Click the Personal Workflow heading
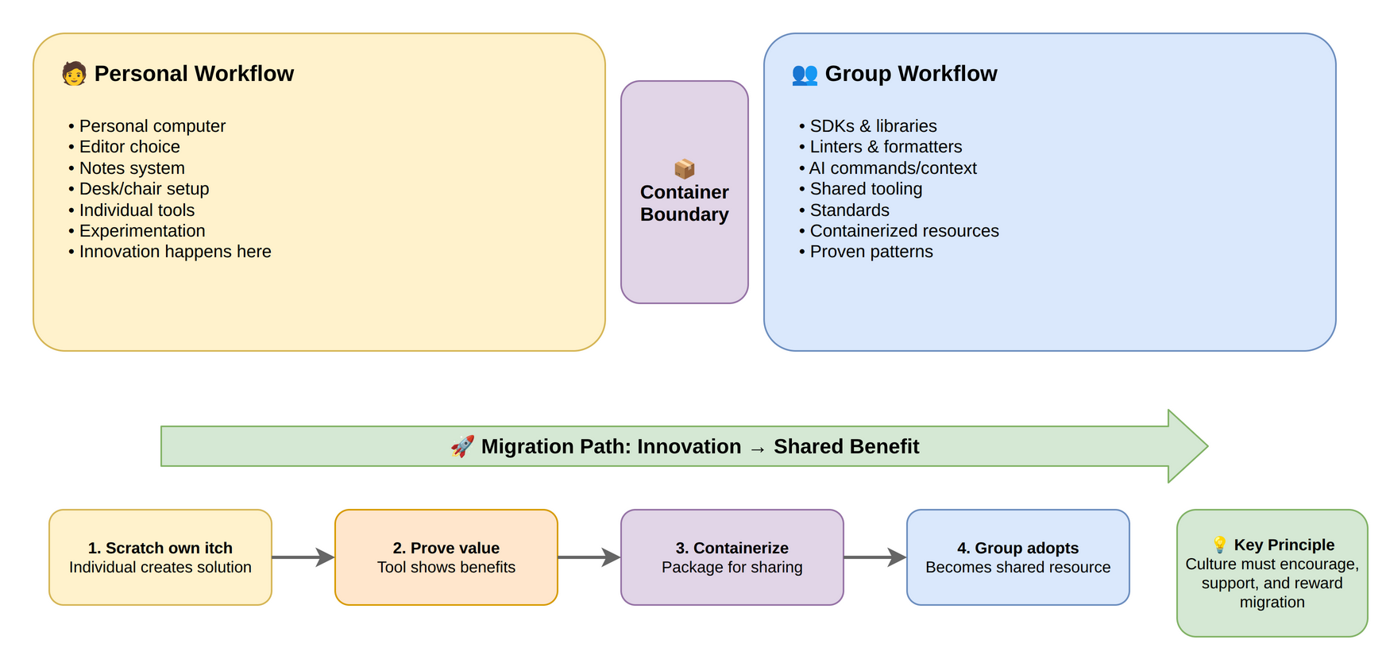pos(194,74)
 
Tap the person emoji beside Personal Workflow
pos(74,74)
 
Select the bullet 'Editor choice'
pos(129,147)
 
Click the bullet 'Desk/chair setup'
pos(144,189)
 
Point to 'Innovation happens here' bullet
pos(175,252)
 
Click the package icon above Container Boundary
pos(684,168)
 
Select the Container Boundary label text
pos(684,204)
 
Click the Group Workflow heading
pos(910,74)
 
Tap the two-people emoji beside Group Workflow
pos(805,75)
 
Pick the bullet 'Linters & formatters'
pos(886,147)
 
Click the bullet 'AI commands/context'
pos(893,168)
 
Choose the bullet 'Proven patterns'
pos(871,252)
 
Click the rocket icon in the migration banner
pos(462,446)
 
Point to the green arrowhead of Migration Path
pos(1187,446)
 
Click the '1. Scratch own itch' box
pos(160,557)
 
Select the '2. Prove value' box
pos(446,557)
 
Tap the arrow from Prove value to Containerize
pos(589,557)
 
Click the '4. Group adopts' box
pos(1017,557)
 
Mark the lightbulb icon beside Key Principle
pos(1219,545)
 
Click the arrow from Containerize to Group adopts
pos(874,557)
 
